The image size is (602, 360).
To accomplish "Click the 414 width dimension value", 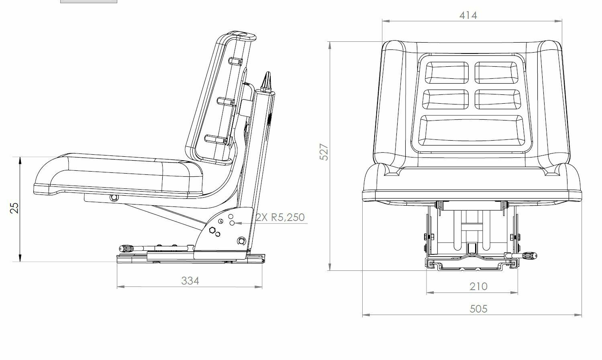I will [x=468, y=15].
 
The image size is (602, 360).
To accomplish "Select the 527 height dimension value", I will [x=324, y=152].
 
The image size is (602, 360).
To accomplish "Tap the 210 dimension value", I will [x=478, y=286].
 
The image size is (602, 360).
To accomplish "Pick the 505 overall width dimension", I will [x=478, y=309].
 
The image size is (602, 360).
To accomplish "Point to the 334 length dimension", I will [x=190, y=280].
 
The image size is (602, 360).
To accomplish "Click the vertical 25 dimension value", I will [x=14, y=207].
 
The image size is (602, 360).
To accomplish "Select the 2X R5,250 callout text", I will [x=280, y=217].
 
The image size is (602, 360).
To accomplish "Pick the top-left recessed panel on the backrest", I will [x=446, y=72].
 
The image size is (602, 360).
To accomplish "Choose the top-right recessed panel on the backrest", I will [x=497, y=72].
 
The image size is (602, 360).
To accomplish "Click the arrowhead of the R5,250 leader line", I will [x=237, y=223].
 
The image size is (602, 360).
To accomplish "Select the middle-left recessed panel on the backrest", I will [x=446, y=99].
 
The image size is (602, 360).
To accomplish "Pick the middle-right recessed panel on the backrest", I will [x=497, y=99].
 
